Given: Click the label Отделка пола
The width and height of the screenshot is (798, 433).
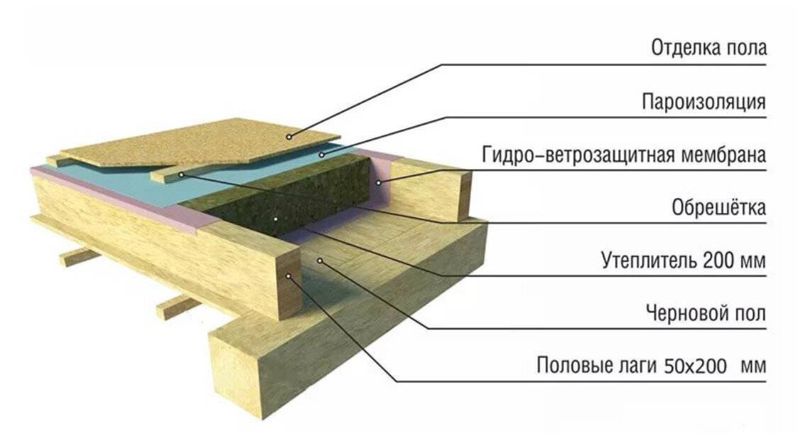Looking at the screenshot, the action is [709, 48].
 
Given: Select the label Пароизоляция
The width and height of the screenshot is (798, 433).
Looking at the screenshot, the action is [704, 102].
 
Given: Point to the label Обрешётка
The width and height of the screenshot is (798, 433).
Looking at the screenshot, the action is [719, 207].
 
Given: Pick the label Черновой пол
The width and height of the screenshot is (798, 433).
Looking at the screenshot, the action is [706, 312].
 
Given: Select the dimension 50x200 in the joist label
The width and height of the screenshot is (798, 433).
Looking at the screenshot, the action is [695, 366].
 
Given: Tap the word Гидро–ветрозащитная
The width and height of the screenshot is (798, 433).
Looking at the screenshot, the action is [578, 155].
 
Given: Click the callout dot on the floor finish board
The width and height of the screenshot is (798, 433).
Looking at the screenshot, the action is [289, 136].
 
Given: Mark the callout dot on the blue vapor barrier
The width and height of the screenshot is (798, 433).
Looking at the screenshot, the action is [321, 154].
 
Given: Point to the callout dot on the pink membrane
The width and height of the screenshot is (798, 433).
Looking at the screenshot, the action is [378, 182].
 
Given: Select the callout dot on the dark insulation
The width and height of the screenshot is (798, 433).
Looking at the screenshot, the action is [275, 219].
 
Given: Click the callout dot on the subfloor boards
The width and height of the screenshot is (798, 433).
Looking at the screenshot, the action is [320, 261].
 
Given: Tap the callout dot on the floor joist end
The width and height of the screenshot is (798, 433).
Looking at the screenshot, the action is [288, 276].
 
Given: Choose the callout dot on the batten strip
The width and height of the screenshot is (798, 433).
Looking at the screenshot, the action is [181, 175].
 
